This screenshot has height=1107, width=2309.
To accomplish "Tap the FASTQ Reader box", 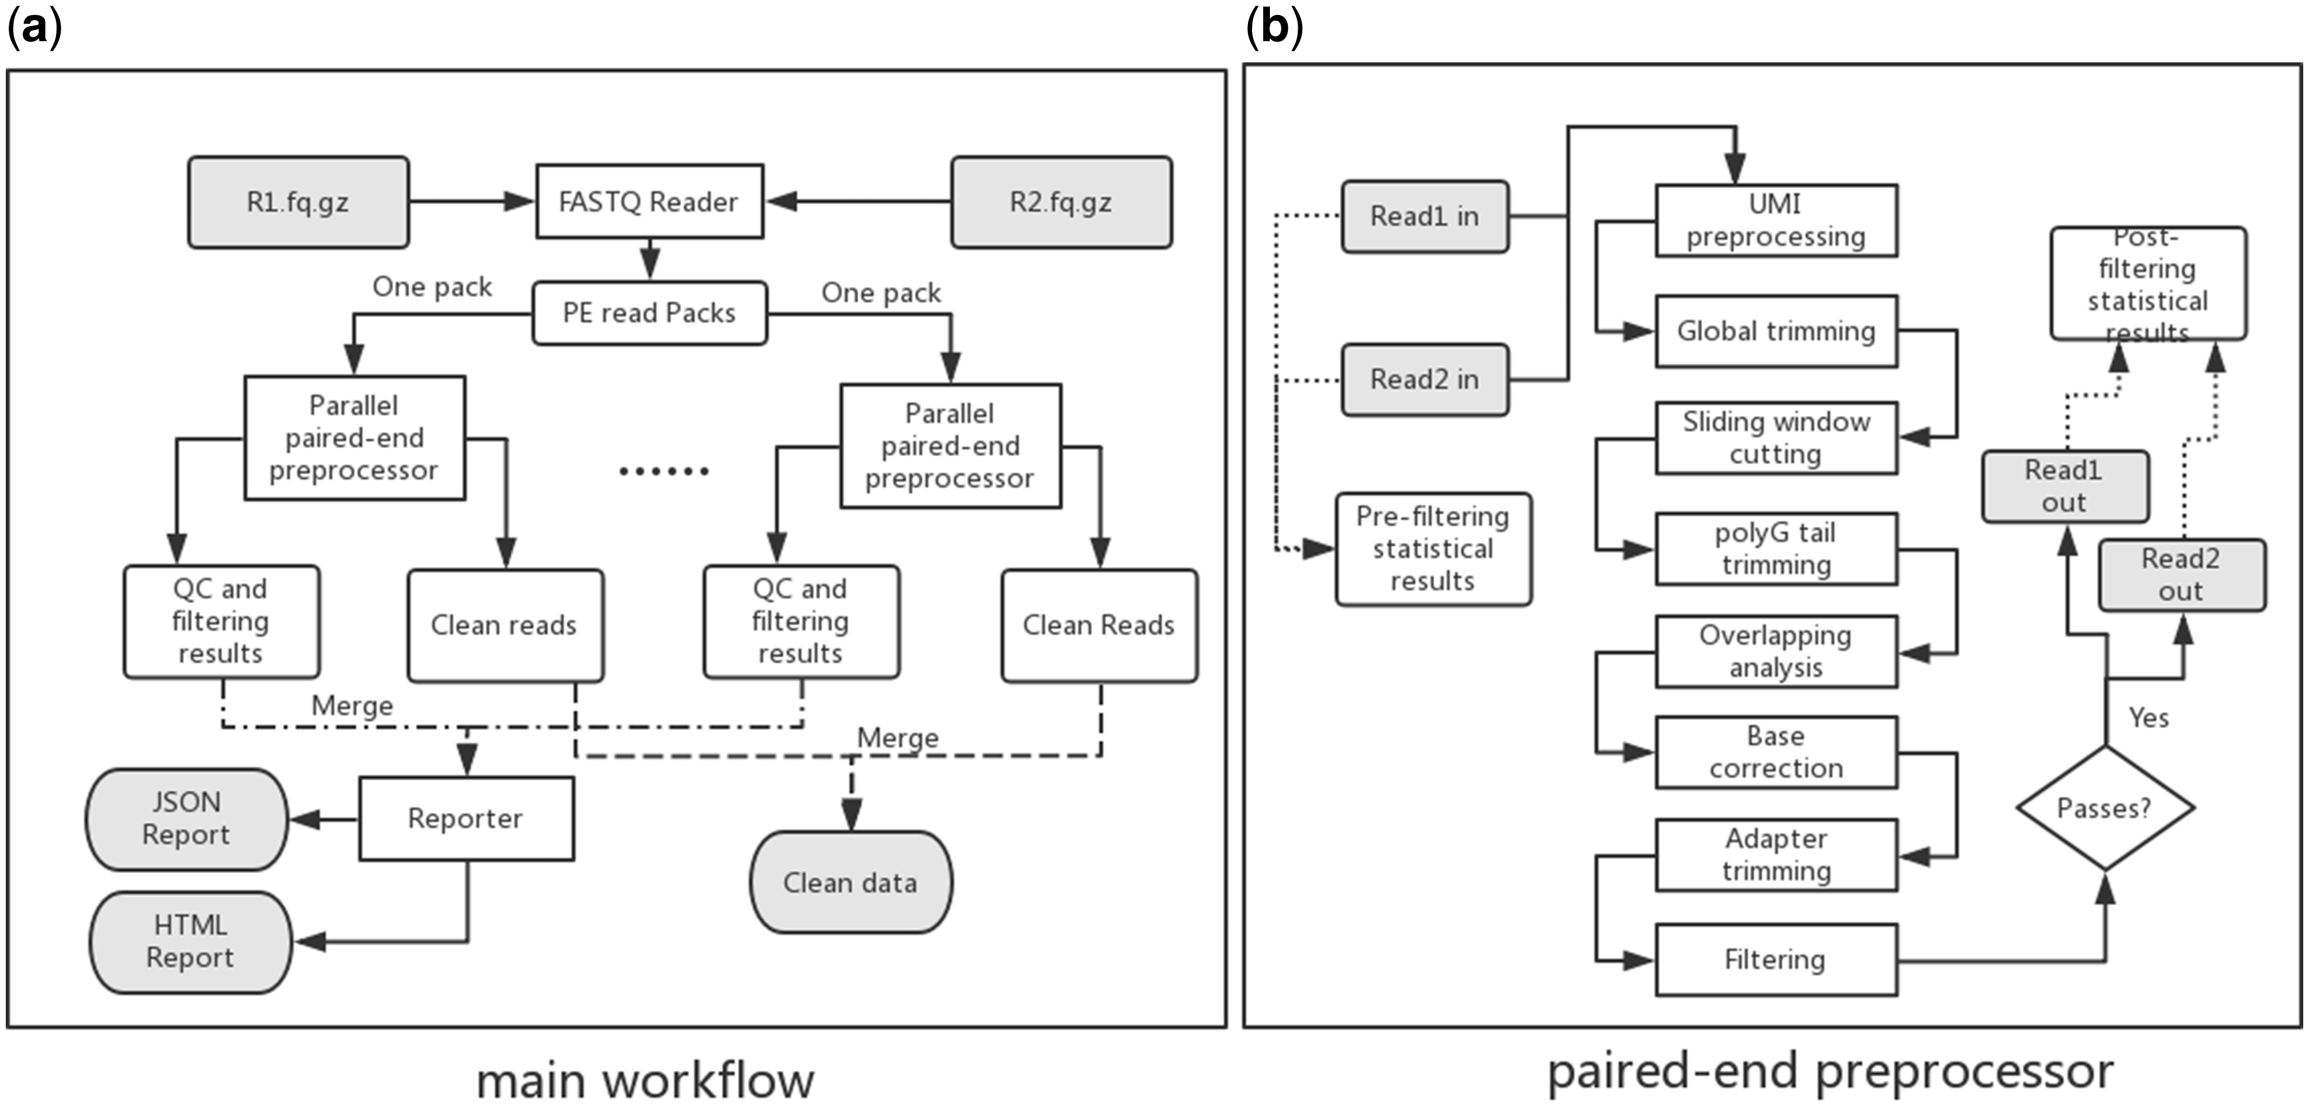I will point(649,202).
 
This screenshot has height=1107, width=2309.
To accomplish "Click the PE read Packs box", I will point(649,313).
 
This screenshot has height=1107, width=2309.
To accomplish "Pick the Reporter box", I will point(466,818).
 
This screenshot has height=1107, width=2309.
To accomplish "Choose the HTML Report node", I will point(190,942).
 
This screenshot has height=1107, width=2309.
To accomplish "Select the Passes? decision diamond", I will point(2105,808).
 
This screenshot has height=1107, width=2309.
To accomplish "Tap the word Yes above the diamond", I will point(2149,718).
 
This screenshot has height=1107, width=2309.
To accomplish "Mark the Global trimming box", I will point(1776,331).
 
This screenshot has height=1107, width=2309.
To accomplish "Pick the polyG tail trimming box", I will point(1776,549).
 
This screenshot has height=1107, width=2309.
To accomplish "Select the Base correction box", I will point(1776,752).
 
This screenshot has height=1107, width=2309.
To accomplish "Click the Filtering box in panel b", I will point(1776,960).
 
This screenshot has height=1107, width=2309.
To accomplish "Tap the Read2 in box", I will point(1424,380).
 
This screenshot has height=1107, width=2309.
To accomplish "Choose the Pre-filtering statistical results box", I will point(1432,549).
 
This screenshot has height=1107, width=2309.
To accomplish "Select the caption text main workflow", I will point(645,1080).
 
